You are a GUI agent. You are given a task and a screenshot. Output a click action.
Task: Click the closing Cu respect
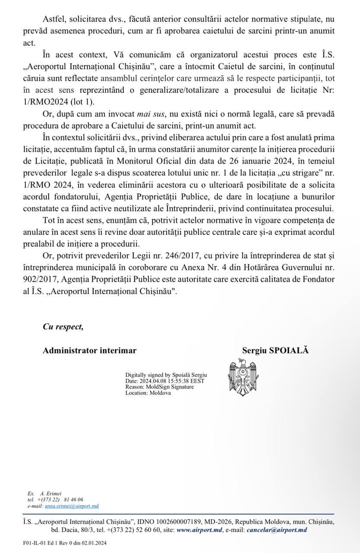point(63,327)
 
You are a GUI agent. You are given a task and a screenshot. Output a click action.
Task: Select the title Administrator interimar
point(89,350)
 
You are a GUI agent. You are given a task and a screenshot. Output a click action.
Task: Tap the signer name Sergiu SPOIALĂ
point(276,350)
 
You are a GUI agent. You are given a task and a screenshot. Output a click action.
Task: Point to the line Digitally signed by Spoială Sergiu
point(167,375)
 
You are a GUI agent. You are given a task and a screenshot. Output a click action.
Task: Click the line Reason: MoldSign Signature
point(159,387)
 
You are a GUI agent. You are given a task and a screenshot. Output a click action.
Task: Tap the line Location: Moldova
point(148,393)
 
